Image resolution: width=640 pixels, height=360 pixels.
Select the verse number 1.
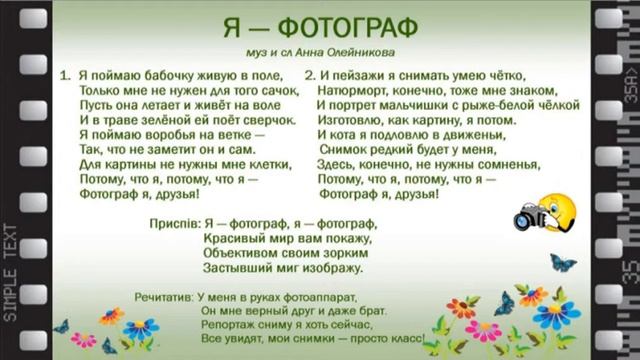(x=63, y=75)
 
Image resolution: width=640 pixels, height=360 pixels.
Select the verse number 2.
(x=310, y=75)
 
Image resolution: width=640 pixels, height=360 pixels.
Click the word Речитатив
(x=164, y=298)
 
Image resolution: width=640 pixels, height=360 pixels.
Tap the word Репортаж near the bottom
(x=215, y=327)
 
